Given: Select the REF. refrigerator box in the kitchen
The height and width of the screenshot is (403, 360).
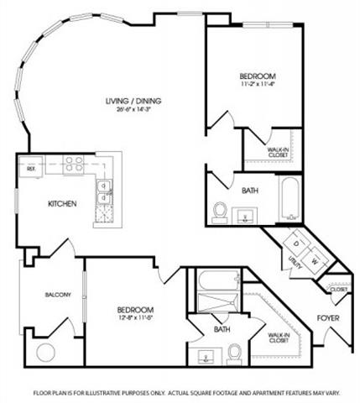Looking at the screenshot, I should [31, 169].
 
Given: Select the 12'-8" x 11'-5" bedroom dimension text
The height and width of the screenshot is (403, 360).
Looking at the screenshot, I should [134, 319].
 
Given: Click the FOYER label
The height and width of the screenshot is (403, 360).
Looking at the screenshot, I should [327, 318].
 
